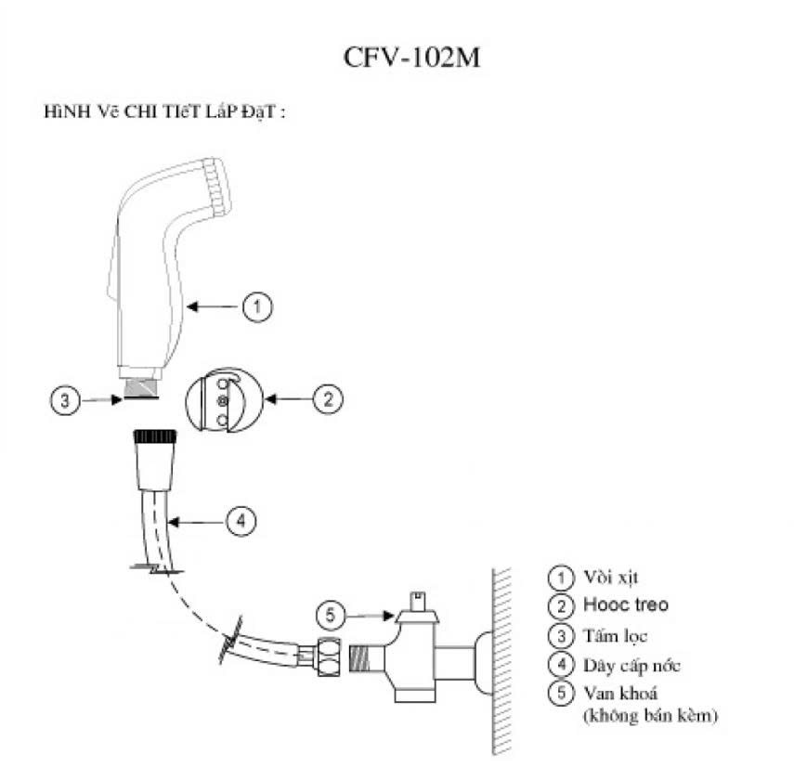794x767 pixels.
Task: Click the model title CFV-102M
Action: pos(411,58)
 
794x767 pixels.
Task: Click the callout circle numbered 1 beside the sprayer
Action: pos(257,306)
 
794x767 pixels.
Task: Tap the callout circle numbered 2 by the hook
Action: pos(328,399)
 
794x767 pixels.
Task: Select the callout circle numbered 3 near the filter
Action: pos(65,400)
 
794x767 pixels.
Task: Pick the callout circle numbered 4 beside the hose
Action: pos(241,521)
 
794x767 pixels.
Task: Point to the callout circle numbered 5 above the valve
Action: pos(331,615)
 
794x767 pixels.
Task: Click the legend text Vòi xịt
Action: pos(611,578)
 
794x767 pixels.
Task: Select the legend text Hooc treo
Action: pos(626,604)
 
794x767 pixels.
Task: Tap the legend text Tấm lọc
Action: pos(616,635)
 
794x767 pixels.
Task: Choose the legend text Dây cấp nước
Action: pos(631,665)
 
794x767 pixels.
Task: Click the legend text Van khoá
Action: pos(620,693)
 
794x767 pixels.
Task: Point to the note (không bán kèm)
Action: pos(650,715)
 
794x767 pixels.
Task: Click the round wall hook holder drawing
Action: pos(225,400)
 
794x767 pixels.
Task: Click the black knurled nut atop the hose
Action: pos(155,436)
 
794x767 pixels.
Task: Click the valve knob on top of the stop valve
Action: pos(418,607)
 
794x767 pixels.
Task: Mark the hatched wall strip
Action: pos(501,661)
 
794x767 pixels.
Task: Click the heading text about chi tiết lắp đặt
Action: pos(164,111)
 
